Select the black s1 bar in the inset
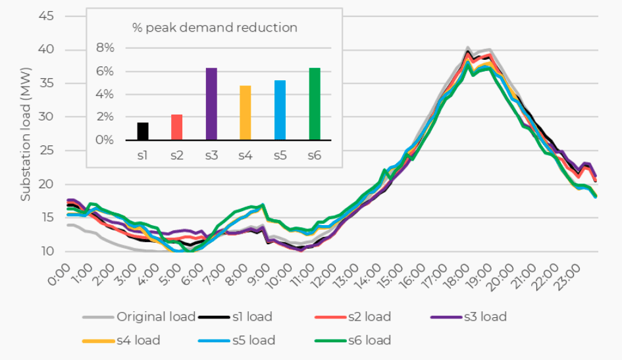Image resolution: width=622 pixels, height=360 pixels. coord(143,131)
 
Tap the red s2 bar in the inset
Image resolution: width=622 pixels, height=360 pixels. coord(177,127)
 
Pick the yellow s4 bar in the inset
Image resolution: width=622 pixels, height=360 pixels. coord(246,113)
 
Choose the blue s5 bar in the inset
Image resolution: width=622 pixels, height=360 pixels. coord(280,110)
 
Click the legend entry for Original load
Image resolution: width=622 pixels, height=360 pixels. coord(155,317)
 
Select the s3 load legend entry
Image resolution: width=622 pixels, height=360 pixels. coord(484,317)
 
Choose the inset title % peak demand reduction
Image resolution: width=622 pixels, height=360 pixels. coord(215,28)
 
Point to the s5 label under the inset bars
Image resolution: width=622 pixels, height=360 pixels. coord(280,157)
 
